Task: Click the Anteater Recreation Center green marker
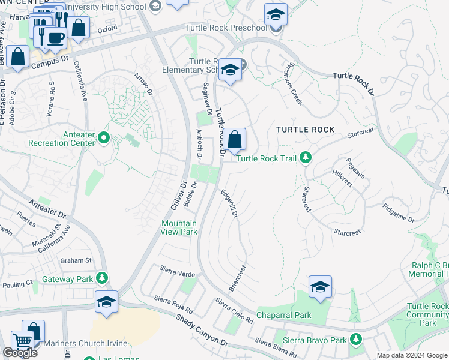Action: click(103, 139)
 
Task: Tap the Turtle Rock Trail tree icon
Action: click(306, 158)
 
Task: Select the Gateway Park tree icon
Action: click(102, 278)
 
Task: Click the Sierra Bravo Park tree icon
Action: click(357, 340)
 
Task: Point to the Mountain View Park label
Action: click(179, 227)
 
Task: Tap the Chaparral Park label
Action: click(283, 315)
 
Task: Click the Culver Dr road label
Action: click(176, 194)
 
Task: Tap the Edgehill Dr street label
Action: click(230, 205)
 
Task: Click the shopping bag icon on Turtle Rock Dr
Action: click(235, 140)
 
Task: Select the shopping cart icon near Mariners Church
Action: click(22, 341)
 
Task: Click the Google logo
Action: click(20, 353)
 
